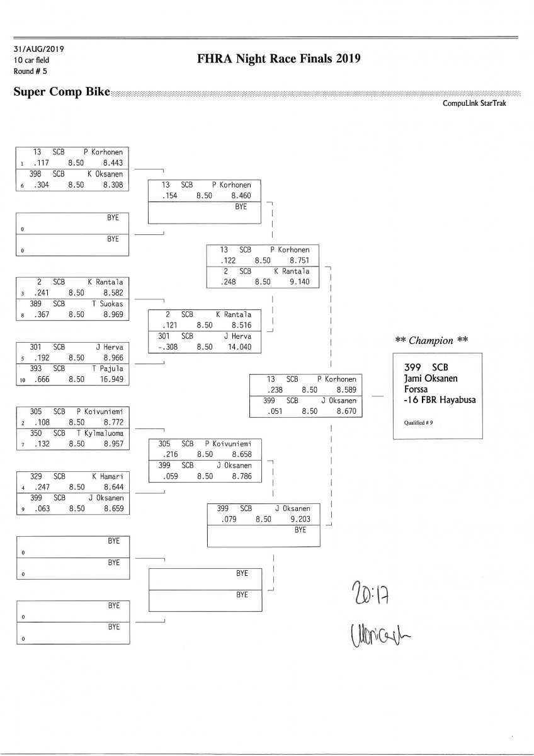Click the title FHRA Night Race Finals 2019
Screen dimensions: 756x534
click(278, 59)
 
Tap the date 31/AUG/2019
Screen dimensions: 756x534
click(38, 49)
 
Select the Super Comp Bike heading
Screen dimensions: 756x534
click(62, 92)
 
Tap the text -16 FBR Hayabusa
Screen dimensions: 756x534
click(440, 399)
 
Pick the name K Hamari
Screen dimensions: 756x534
click(107, 478)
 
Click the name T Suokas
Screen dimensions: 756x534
click(106, 303)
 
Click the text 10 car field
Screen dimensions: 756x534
click(31, 60)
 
